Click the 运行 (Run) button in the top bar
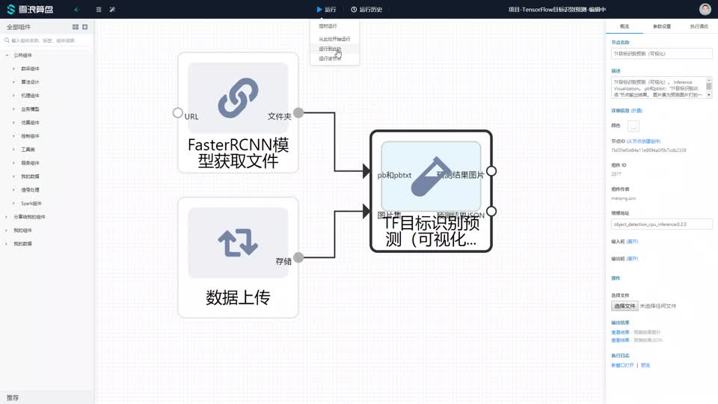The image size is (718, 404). (x=327, y=10)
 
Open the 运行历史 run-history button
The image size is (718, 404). (x=366, y=10)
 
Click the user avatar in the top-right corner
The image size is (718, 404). (x=705, y=10)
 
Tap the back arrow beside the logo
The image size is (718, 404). (x=76, y=10)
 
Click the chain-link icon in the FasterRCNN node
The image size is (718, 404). (x=238, y=97)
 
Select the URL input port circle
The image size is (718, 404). (x=178, y=113)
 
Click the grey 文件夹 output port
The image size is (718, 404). (x=298, y=113)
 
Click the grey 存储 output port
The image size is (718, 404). (x=298, y=257)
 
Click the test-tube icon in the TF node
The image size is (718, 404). (x=430, y=177)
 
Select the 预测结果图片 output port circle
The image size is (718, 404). (x=491, y=171)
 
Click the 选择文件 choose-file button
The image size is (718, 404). (x=625, y=306)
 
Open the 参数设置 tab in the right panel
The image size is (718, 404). (x=662, y=26)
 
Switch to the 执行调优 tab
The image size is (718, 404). (x=699, y=26)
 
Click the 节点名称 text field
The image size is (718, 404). (x=661, y=54)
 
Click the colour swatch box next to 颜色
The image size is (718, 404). (x=633, y=126)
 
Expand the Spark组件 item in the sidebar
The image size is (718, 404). (x=31, y=203)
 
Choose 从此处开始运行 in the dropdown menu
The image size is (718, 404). (x=334, y=39)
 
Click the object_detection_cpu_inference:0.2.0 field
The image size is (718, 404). (x=661, y=224)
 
